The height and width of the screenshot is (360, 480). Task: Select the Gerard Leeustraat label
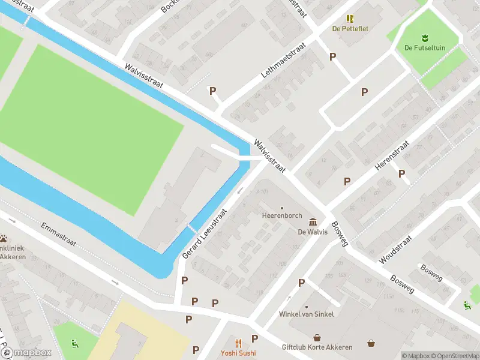click(x=205, y=234)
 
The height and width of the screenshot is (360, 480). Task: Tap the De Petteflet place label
click(x=350, y=28)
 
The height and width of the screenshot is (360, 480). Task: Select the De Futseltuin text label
click(x=425, y=48)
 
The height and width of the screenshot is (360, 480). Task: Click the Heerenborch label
click(x=281, y=215)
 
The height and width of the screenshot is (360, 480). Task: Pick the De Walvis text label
click(x=313, y=232)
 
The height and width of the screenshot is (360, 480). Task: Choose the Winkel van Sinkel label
click(x=307, y=314)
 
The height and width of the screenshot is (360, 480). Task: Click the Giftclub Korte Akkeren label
click(x=317, y=347)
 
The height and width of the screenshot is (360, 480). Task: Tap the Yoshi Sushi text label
click(x=238, y=353)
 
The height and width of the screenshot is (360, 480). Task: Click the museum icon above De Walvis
click(x=313, y=222)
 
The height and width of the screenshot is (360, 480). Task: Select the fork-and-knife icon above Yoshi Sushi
click(x=238, y=343)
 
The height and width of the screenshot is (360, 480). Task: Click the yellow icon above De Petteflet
click(x=350, y=19)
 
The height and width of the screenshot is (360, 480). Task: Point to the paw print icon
click(x=3, y=238)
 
